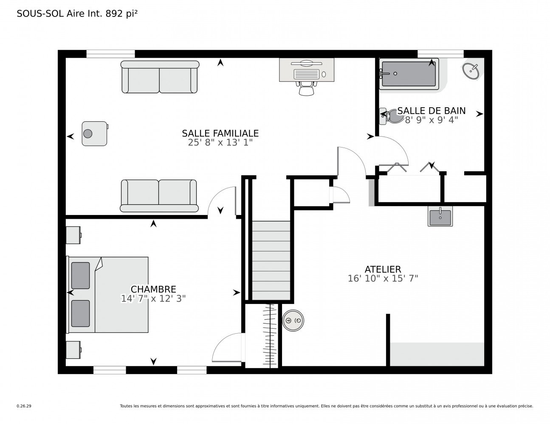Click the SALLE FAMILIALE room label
pyautogui.click(x=220, y=133)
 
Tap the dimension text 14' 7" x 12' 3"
pyautogui.click(x=153, y=298)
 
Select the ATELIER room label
pyautogui.click(x=383, y=269)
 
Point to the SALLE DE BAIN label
pyautogui.click(x=431, y=111)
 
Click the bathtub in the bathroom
pyautogui.click(x=409, y=75)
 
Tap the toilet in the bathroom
pyautogui.click(x=392, y=116)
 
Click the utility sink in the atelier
pyautogui.click(x=440, y=216)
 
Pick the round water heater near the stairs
pyautogui.click(x=293, y=321)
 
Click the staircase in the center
pyautogui.click(x=271, y=260)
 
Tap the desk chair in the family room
pyautogui.click(x=306, y=89)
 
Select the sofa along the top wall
pyautogui.click(x=160, y=77)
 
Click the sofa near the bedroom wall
pyautogui.click(x=159, y=196)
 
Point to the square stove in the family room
pyautogui.click(x=94, y=134)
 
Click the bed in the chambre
pyautogui.click(x=108, y=295)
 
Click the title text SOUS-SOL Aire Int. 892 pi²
pyautogui.click(x=77, y=14)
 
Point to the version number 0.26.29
pyautogui.click(x=24, y=406)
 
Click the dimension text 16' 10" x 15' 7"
pyautogui.click(x=383, y=279)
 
